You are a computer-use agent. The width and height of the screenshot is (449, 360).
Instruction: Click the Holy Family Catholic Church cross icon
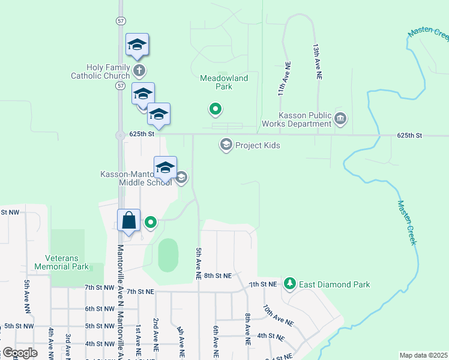point(139,70)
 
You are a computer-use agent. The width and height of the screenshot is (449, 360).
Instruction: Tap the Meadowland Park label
point(224,82)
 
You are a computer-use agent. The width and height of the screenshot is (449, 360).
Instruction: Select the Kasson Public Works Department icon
point(341,118)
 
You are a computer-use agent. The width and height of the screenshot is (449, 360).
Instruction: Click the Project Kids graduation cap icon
point(226,145)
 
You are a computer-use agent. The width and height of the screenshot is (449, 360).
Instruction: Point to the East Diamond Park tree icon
point(290,283)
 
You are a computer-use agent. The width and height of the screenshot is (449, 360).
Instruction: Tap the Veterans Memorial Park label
point(62,262)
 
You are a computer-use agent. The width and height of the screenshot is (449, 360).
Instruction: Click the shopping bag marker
point(129,220)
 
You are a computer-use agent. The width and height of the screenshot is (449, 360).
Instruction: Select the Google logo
point(20,352)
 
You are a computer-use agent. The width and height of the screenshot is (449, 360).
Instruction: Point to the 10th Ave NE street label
point(277,315)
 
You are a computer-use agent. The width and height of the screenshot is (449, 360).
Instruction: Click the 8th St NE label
point(218,275)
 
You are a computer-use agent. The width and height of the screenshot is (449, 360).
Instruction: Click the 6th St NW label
point(98,308)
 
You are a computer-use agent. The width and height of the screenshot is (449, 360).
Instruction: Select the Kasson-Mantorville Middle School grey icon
point(181,177)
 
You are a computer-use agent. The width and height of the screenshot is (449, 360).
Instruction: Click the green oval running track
point(169,255)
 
